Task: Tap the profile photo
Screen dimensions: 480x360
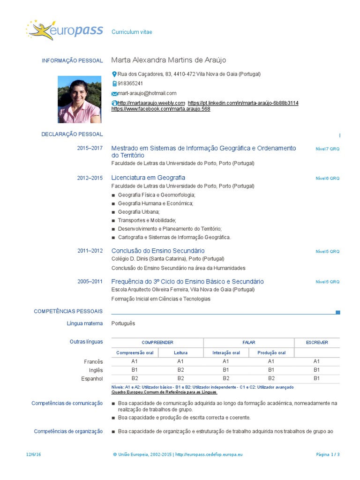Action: click(79, 99)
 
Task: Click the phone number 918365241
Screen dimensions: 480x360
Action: click(130, 83)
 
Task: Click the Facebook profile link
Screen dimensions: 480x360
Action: click(161, 109)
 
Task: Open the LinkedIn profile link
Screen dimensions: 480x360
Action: click(243, 103)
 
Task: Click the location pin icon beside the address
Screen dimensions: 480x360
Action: click(114, 74)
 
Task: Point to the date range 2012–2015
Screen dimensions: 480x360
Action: click(90, 178)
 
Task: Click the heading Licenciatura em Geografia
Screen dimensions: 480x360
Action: click(148, 178)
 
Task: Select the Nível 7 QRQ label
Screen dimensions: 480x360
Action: click(327, 149)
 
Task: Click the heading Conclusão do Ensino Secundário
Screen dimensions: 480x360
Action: click(158, 251)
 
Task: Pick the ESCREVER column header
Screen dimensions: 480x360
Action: click(317, 343)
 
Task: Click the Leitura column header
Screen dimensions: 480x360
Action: click(180, 353)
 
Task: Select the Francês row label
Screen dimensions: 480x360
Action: click(93, 361)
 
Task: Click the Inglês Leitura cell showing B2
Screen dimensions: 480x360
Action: click(180, 370)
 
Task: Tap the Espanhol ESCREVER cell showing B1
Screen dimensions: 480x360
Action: click(316, 378)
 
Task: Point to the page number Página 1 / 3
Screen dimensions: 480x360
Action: click(328, 455)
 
